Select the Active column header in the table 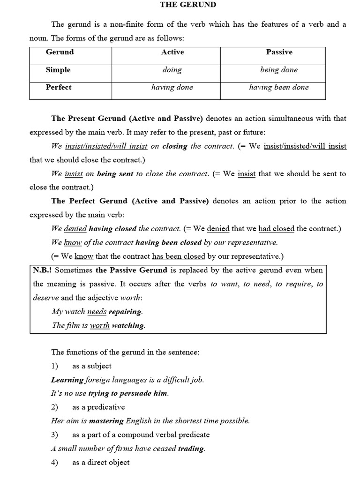point(172,52)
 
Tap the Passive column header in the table point(279,52)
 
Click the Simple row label point(58,70)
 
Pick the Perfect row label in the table point(59,87)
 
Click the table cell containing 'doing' point(172,70)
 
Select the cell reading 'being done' point(279,70)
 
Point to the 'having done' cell point(172,87)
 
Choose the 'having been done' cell point(279,87)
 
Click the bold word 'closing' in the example point(174,146)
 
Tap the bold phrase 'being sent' point(115,174)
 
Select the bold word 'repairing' point(125,312)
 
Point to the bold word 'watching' point(128,325)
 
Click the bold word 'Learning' point(67,380)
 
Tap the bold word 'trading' point(191,449)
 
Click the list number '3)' point(54,435)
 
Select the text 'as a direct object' point(101,463)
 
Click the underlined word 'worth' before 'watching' point(99,325)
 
